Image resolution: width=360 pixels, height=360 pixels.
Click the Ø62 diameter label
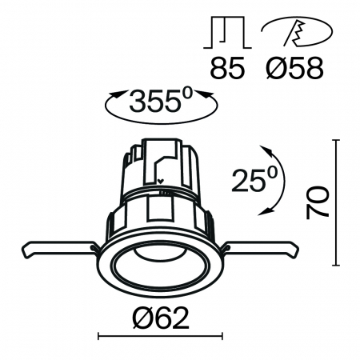pos(159,319)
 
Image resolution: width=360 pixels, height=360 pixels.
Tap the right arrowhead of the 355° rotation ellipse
pos(212,98)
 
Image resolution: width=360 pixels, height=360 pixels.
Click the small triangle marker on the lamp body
pos(162,182)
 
